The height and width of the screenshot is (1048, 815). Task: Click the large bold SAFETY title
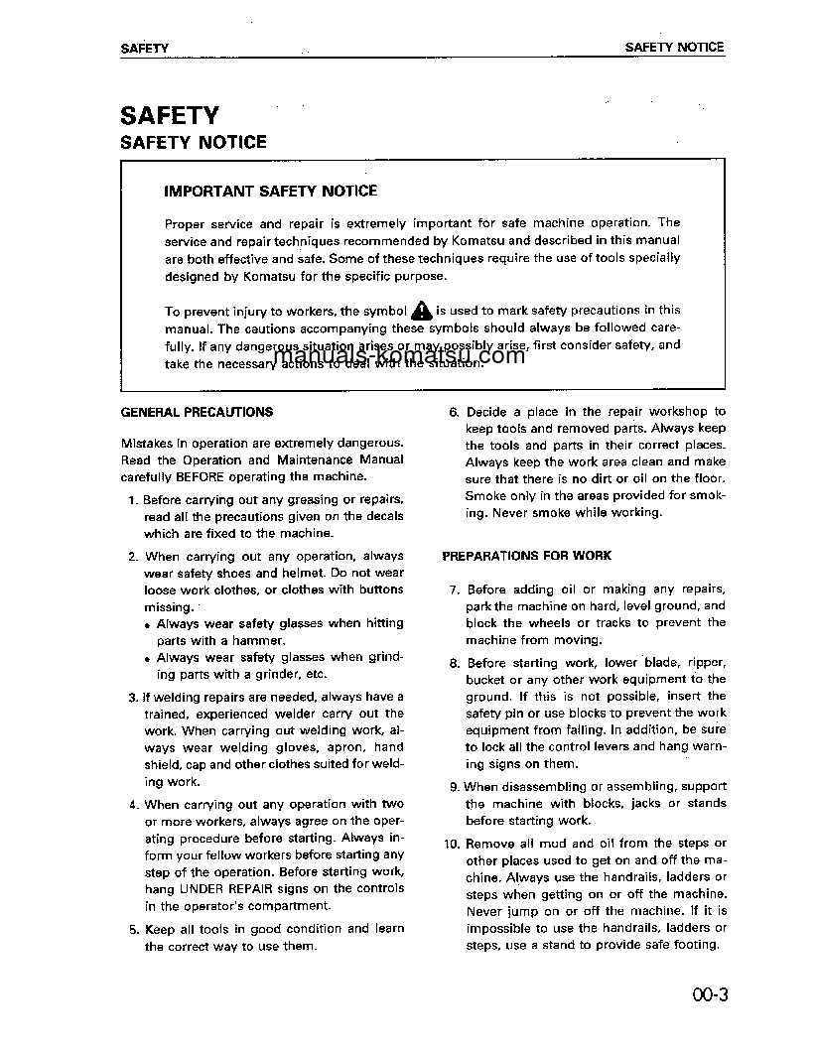(x=169, y=115)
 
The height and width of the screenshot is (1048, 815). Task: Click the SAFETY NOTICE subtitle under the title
(x=193, y=142)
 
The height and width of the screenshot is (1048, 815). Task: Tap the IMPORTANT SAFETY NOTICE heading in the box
(x=270, y=191)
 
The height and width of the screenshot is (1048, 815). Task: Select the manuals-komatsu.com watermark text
(x=398, y=356)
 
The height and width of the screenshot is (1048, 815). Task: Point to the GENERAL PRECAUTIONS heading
(x=197, y=411)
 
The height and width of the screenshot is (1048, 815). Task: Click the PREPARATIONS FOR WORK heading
(x=526, y=556)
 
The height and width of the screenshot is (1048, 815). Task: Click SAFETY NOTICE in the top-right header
(x=674, y=47)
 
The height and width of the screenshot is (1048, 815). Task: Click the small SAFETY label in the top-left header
(x=144, y=48)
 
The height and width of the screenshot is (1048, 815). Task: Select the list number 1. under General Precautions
(x=133, y=500)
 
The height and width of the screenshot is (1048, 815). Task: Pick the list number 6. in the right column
(x=454, y=412)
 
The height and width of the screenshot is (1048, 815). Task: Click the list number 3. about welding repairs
(x=133, y=697)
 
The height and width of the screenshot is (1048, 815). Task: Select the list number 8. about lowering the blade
(x=454, y=663)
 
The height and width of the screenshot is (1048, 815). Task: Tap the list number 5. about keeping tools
(x=133, y=929)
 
